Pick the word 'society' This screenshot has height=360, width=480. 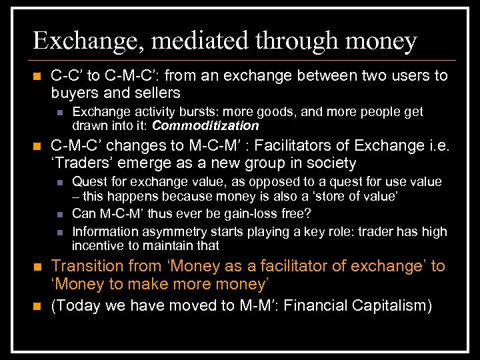[331, 163]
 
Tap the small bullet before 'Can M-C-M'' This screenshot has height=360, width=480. [59, 214]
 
